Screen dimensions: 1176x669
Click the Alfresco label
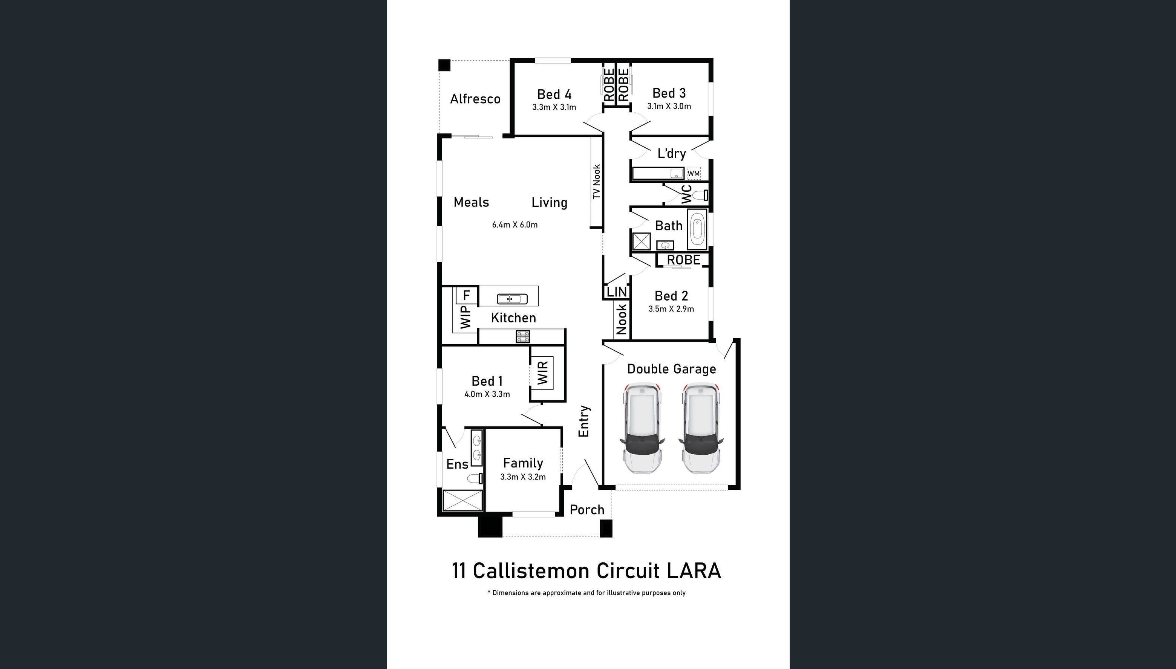475,99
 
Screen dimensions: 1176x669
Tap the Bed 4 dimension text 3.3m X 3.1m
554,107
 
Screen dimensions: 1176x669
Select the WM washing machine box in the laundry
693,173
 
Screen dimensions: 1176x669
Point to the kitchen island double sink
512,299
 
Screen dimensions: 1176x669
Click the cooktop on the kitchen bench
523,337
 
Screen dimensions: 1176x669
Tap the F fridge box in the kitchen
467,295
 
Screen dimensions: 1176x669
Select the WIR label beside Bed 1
542,373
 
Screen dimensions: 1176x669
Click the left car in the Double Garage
642,429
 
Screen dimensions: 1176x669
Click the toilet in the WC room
701,195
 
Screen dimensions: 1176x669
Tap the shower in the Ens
462,500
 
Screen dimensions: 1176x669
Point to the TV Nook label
596,182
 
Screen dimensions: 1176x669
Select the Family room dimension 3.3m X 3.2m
523,477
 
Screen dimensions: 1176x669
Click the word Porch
587,510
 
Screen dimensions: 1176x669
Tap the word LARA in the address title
694,571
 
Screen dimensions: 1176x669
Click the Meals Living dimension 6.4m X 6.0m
515,225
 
